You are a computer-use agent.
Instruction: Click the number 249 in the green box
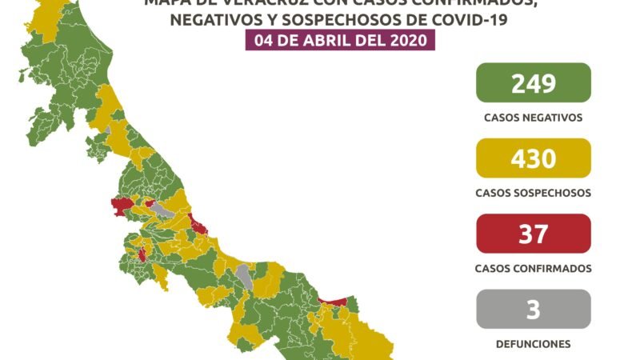pos(533,83)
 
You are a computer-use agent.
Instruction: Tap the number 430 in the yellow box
pos(533,158)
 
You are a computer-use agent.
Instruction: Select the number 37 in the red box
pos(533,234)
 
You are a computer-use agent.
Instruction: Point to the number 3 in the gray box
pos(533,309)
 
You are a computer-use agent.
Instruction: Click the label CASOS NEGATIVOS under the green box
pos(533,117)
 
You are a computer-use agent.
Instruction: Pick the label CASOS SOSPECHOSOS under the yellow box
pos(533,193)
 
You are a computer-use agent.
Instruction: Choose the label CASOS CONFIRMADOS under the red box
pos(533,268)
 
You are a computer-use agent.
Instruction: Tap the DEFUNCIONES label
pos(533,344)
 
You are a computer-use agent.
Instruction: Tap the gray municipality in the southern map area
pos(243,277)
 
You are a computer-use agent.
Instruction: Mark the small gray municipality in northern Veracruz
pos(107,129)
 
